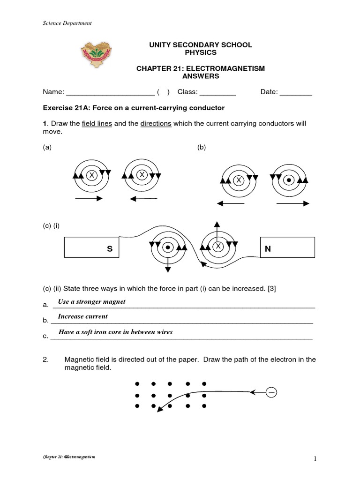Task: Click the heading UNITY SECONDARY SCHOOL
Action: pyautogui.click(x=200, y=45)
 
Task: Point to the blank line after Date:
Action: pyautogui.click(x=296, y=93)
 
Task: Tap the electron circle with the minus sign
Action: pyautogui.click(x=271, y=392)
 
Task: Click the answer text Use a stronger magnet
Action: pyautogui.click(x=91, y=301)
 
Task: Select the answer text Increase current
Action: pyautogui.click(x=82, y=316)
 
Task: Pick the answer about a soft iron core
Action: pyautogui.click(x=115, y=332)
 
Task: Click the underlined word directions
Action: pyautogui.click(x=156, y=124)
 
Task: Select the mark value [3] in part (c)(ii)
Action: pyautogui.click(x=271, y=289)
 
